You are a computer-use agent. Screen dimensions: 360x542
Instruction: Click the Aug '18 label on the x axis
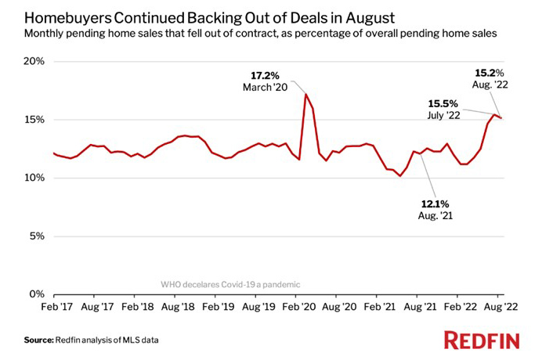point(176,308)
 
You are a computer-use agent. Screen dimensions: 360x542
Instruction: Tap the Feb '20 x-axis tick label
point(298,308)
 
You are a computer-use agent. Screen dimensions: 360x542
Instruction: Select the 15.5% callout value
point(443,103)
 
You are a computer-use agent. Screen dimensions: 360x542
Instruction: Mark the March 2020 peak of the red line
point(305,95)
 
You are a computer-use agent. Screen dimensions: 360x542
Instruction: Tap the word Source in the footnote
point(37,340)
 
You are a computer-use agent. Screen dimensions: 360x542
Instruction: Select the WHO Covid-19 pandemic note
point(230,284)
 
